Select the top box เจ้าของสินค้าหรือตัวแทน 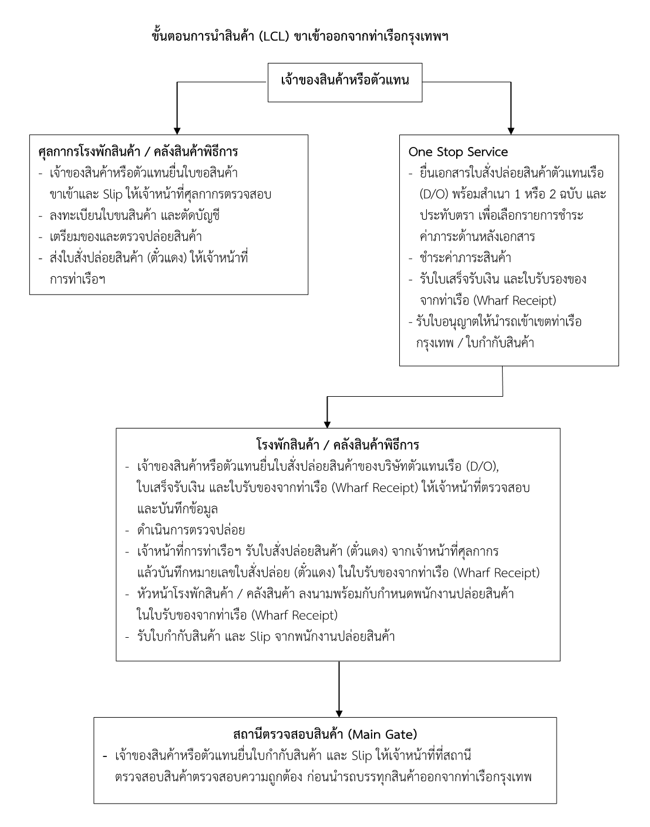click(345, 80)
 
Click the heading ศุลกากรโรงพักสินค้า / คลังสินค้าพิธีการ click(138, 152)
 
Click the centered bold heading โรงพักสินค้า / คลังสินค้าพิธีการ click(338, 444)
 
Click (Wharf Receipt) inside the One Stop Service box click(514, 300)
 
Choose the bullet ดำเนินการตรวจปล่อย click(190, 530)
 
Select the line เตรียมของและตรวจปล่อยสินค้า click(126, 236)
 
